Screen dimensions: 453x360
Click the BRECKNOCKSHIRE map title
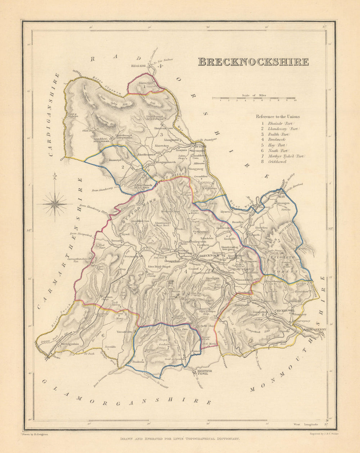coord(253,62)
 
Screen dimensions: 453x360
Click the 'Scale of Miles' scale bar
coord(254,98)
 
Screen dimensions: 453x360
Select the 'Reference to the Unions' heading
coord(278,116)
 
